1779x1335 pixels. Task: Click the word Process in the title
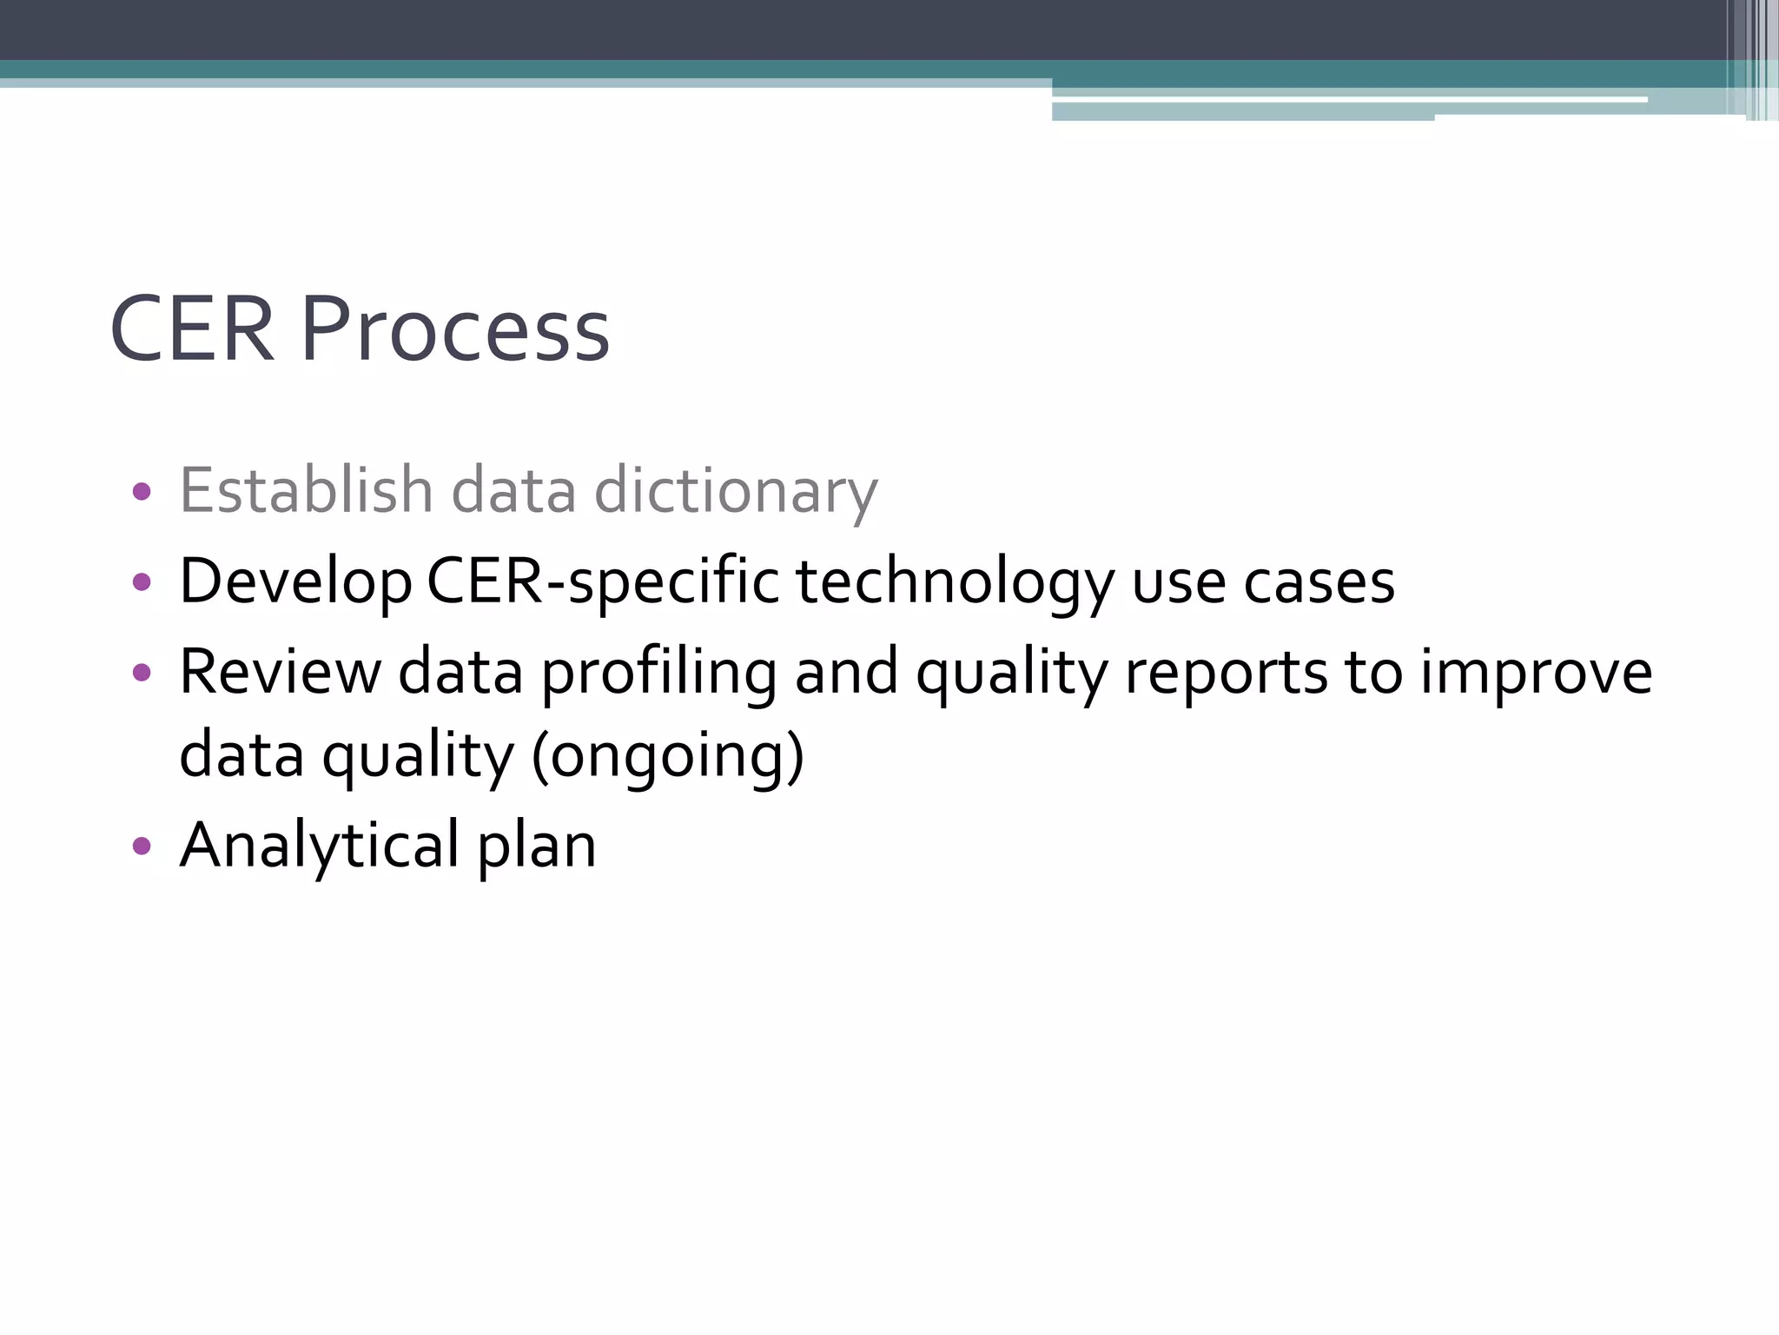point(455,330)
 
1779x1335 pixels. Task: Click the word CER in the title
point(192,330)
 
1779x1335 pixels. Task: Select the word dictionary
point(736,492)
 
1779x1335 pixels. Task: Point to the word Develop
point(295,582)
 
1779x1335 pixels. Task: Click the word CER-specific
point(603,582)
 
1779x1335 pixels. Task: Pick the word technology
point(954,582)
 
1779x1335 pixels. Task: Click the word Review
point(280,672)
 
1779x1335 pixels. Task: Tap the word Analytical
point(319,846)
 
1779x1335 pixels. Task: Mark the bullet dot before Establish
point(142,492)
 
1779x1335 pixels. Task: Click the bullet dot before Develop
point(142,581)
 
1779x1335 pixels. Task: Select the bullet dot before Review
point(142,672)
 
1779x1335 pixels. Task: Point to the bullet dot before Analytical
point(142,846)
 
